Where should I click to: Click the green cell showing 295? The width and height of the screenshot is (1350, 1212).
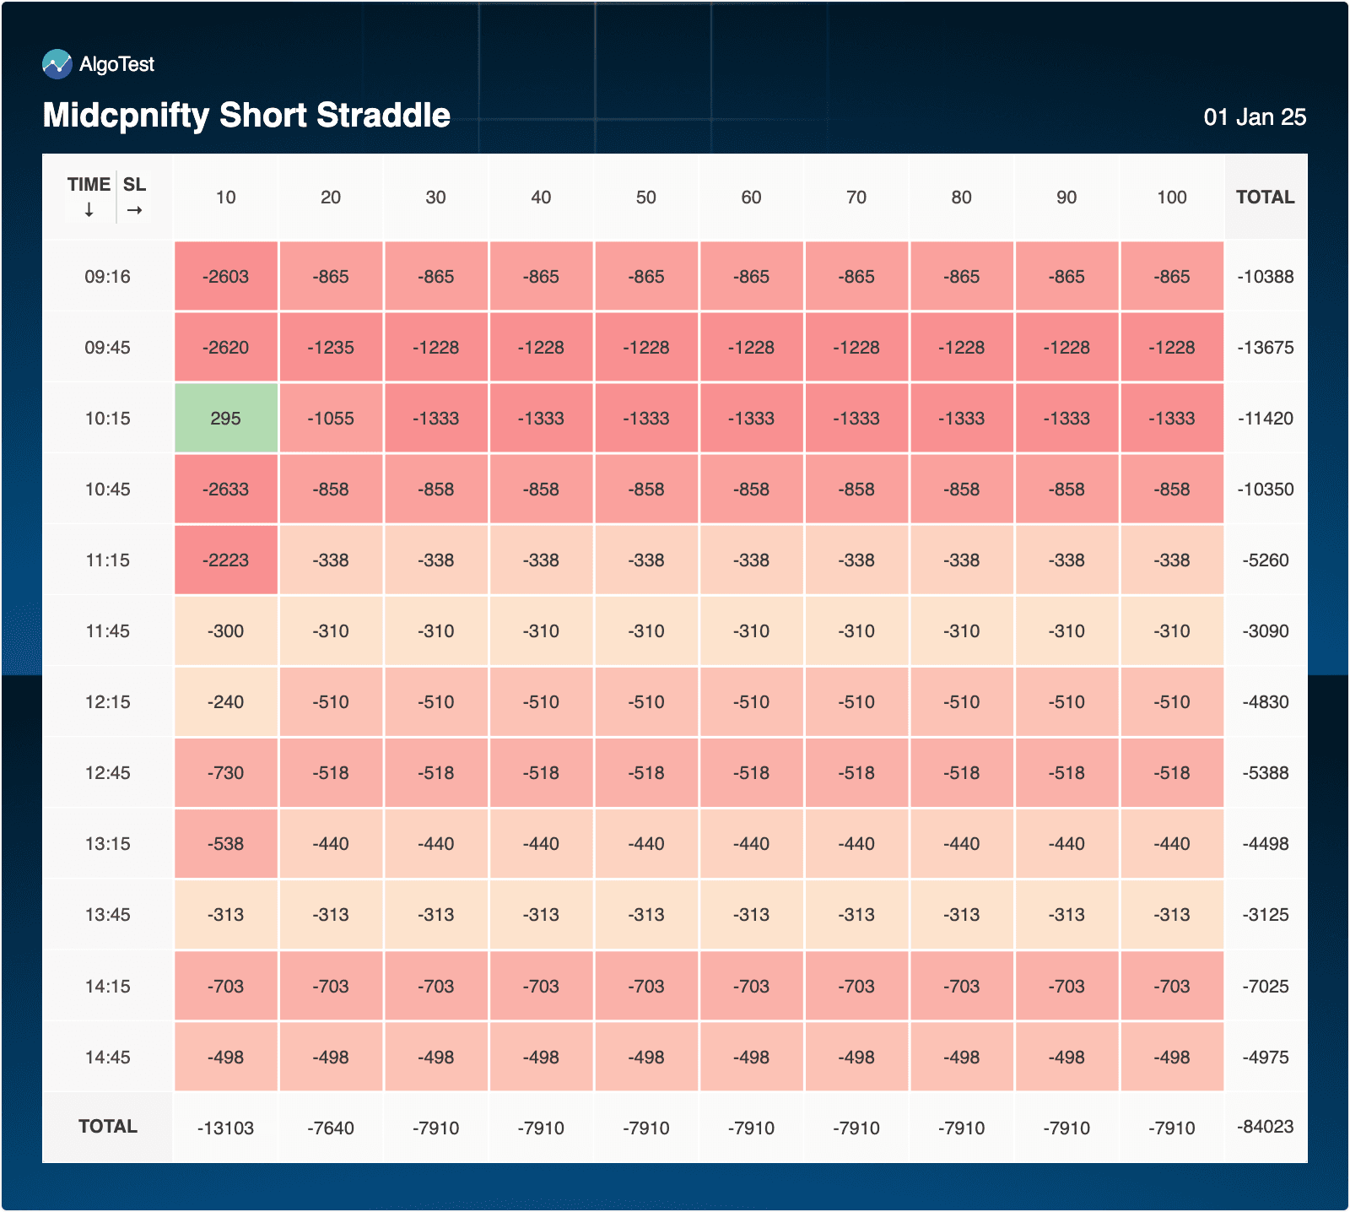coord(225,419)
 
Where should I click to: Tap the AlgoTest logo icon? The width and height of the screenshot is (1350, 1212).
coord(57,64)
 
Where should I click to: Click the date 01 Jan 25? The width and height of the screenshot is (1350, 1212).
coord(1254,117)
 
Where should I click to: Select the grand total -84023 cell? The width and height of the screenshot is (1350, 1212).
coord(1265,1127)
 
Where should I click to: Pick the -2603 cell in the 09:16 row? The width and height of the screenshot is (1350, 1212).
coord(225,277)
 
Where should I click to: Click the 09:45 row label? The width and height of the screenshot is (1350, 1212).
coord(107,348)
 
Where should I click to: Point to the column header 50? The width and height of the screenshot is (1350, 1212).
coord(645,197)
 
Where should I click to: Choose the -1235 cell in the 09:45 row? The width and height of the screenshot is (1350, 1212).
coord(331,348)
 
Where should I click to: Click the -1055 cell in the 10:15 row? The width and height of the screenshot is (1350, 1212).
coord(331,419)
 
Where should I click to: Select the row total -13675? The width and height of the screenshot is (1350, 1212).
coord(1265,348)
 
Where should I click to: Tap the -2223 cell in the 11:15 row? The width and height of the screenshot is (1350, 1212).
coord(225,560)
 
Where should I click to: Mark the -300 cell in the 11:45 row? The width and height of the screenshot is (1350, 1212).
coord(225,631)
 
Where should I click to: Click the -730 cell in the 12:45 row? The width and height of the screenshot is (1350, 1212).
coord(225,773)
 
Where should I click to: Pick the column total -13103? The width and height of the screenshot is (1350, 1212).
coord(225,1128)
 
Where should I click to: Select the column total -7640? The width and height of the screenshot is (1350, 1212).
coord(331,1128)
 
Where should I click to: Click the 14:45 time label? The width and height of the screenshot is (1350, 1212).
coord(107,1058)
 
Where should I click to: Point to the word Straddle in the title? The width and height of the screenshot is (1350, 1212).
coord(383,116)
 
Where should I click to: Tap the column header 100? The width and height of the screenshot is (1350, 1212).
coord(1171,197)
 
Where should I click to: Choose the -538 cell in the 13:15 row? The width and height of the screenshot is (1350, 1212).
coord(225,844)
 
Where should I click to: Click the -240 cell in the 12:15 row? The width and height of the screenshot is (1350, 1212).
coord(225,702)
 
